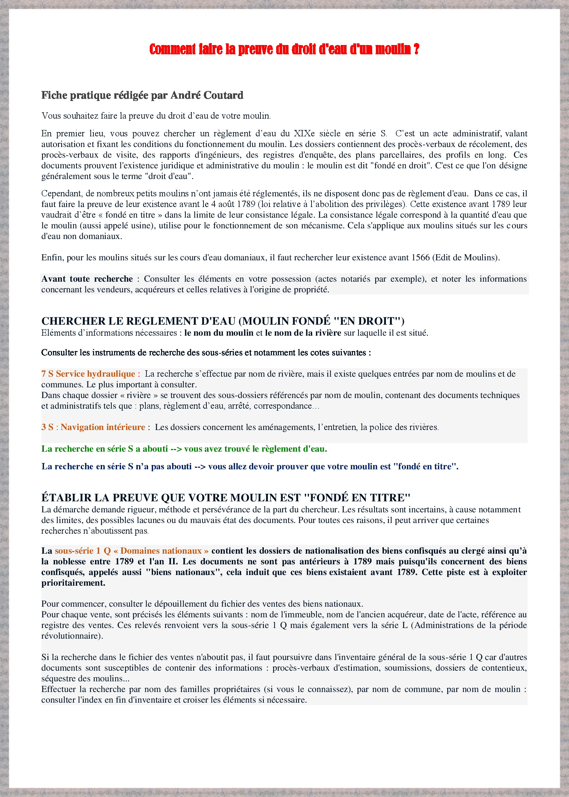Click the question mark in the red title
coord(416,49)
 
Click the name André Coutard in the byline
coord(207,95)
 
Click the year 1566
coord(421,257)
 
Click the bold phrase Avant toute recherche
coord(87,279)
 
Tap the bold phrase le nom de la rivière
coord(303,333)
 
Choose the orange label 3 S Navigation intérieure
coord(93,427)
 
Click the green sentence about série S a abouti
coord(184,449)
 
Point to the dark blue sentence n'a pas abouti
coord(249,466)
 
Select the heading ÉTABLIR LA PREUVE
coord(226,498)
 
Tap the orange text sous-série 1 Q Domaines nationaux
coord(131,551)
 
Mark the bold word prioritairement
coord(73,583)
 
